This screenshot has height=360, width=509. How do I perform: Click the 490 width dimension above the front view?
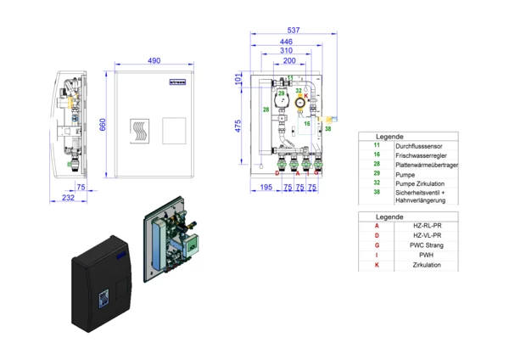click(x=154, y=61)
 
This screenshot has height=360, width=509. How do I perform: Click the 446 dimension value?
click(x=287, y=42)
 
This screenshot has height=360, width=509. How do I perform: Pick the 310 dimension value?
click(x=288, y=51)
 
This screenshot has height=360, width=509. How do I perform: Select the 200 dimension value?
click(x=289, y=61)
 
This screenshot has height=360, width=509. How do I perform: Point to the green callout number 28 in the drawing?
click(x=266, y=110)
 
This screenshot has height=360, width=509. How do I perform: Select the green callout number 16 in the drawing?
click(x=307, y=124)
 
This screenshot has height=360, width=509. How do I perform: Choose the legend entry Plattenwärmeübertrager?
click(x=427, y=165)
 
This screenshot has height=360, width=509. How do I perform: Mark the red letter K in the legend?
click(x=376, y=266)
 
